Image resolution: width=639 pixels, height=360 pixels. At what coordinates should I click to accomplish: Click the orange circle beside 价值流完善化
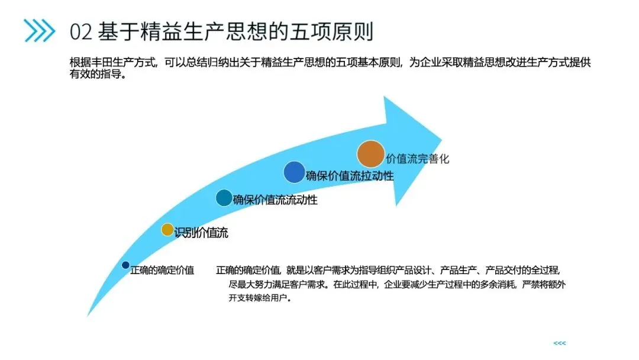(370, 154)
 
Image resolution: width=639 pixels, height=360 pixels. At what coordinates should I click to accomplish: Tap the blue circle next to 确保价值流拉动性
(293, 172)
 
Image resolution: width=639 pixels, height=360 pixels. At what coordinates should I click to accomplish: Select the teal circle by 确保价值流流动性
(224, 198)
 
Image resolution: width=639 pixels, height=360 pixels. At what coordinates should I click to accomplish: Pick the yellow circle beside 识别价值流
(167, 230)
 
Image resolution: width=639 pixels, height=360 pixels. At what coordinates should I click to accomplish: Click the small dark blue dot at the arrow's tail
(125, 265)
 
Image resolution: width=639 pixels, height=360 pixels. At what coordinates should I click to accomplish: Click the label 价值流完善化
(418, 159)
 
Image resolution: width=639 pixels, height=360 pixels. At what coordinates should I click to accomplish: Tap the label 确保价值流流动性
(275, 200)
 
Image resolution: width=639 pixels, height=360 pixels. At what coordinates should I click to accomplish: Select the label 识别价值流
(201, 233)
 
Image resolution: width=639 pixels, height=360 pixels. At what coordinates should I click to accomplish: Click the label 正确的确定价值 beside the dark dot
(162, 271)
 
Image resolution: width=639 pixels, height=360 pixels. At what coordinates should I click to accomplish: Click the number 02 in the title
(81, 31)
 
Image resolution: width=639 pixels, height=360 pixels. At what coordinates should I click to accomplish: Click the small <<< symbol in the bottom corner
(559, 343)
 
